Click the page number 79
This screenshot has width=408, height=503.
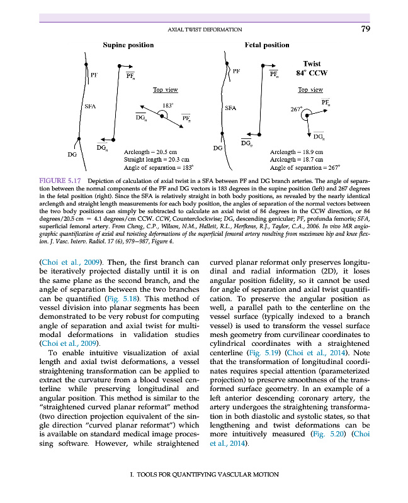[366, 28]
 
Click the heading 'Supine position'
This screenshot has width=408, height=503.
[128, 45]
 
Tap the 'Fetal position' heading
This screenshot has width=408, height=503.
[266, 45]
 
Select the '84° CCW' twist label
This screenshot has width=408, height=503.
[312, 73]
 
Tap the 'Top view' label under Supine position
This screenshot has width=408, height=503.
[166, 90]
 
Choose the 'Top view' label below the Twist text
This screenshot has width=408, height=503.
[310, 90]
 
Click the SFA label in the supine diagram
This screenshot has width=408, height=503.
[90, 107]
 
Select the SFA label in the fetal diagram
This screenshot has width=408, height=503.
[230, 108]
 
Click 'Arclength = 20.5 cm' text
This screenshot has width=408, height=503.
[150, 152]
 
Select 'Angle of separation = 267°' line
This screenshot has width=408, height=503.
[305, 168]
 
